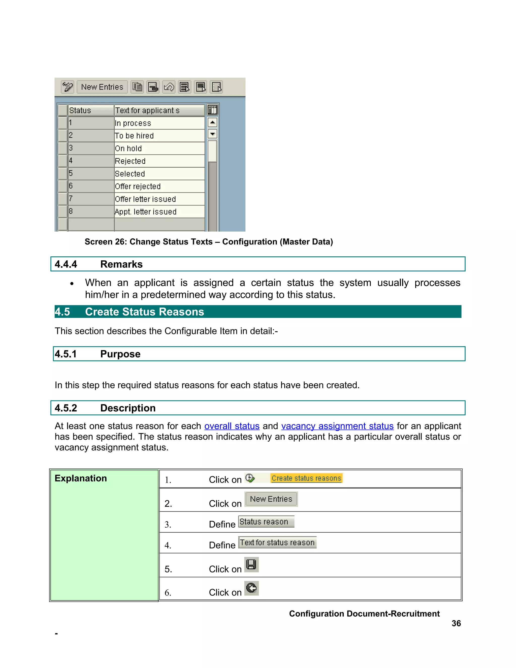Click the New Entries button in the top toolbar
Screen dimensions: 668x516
[102, 87]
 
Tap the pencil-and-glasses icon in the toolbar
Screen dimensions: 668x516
[68, 87]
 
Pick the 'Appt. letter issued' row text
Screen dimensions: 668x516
[146, 212]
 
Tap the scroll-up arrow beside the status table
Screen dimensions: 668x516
[212, 122]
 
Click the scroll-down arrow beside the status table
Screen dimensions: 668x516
[212, 134]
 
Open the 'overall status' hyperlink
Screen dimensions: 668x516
[232, 426]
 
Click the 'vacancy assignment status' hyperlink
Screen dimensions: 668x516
[337, 426]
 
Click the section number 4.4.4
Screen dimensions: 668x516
[66, 264]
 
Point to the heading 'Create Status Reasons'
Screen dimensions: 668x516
[144, 312]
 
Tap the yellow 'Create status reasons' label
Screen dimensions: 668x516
[306, 478]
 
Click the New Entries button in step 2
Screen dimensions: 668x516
[271, 499]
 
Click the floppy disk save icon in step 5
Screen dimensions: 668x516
[251, 565]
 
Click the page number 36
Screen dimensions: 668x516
[456, 623]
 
